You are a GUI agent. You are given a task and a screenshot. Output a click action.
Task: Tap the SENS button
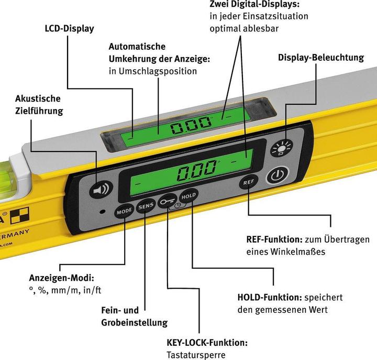145,208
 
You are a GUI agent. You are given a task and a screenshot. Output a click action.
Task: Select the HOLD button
187,196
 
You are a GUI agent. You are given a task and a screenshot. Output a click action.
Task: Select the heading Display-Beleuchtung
321,57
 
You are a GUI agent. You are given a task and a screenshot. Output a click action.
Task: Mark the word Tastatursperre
196,355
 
